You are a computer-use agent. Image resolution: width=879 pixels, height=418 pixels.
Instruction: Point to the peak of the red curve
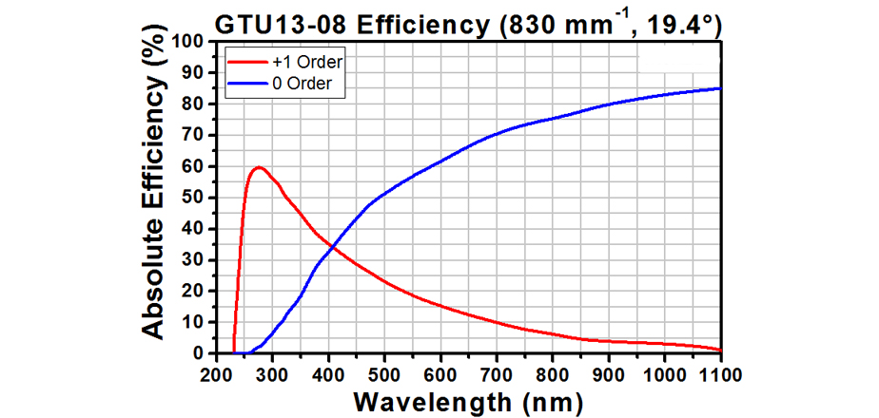(258, 168)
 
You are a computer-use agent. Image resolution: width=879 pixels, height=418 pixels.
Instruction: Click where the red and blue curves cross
(330, 247)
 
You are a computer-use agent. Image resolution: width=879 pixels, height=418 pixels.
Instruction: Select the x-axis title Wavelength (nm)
(468, 401)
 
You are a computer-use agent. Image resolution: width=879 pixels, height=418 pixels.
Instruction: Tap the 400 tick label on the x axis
(329, 373)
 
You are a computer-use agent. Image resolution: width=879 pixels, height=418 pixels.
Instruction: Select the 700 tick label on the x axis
(497, 373)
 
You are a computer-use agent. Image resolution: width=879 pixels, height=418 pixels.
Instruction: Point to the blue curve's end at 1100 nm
(720, 88)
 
